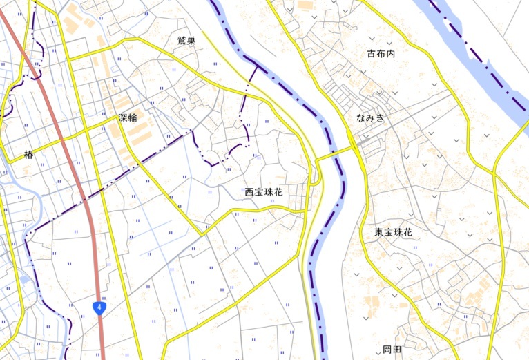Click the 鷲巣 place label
click(186, 41)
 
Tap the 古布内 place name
click(381, 53)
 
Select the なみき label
click(370, 118)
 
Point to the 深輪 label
click(128, 117)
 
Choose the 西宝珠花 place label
click(264, 192)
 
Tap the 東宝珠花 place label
click(394, 232)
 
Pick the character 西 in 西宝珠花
click(249, 192)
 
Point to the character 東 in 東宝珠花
click(379, 232)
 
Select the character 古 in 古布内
click(371, 53)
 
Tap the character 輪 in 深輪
click(133, 117)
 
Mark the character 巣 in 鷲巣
click(191, 41)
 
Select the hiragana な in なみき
click(360, 118)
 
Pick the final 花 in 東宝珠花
click(408, 232)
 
